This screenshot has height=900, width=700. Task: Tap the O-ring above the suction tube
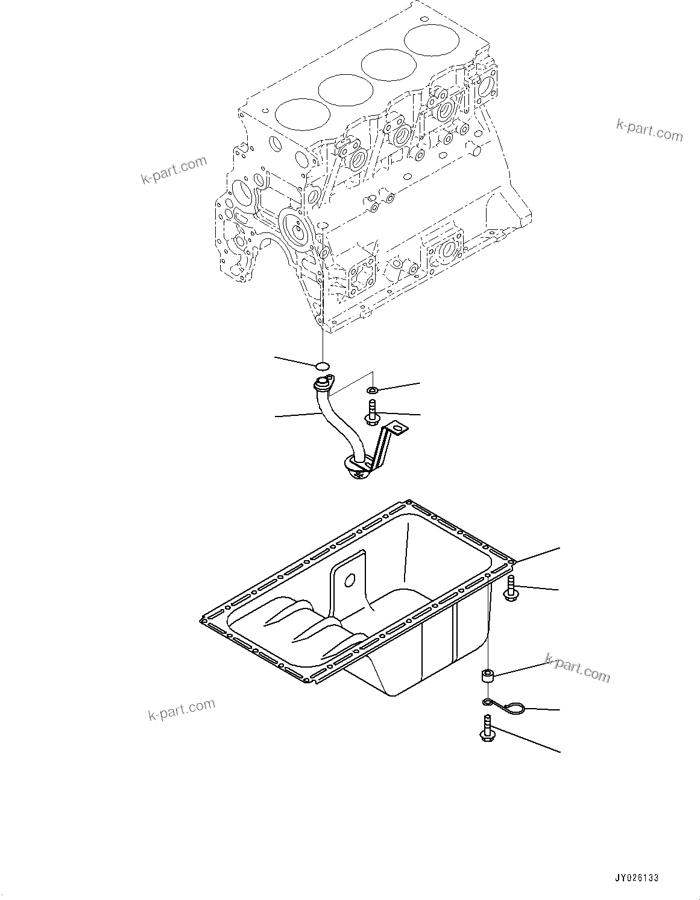click(323, 365)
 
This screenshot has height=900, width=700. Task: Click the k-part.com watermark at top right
click(649, 130)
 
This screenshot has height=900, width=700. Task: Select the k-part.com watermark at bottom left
click(181, 710)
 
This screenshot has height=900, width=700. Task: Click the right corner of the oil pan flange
click(511, 561)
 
